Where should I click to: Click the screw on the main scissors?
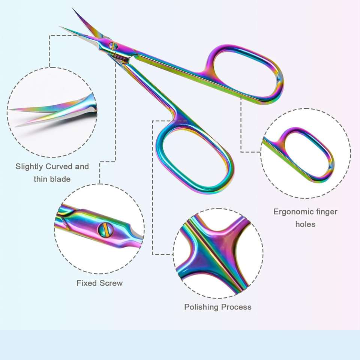[x=113, y=46]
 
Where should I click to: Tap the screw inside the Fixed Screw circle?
[x=105, y=229]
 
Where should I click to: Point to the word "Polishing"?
[x=201, y=307]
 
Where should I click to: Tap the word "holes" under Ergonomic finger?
[x=305, y=224]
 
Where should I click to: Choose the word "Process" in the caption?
[x=236, y=307]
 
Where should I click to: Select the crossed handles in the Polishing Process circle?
[x=214, y=249]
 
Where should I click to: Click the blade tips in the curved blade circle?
[x=15, y=116]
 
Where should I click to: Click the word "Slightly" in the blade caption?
[x=29, y=166]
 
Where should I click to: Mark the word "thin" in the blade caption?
[x=41, y=179]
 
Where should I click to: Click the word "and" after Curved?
[x=82, y=166]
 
